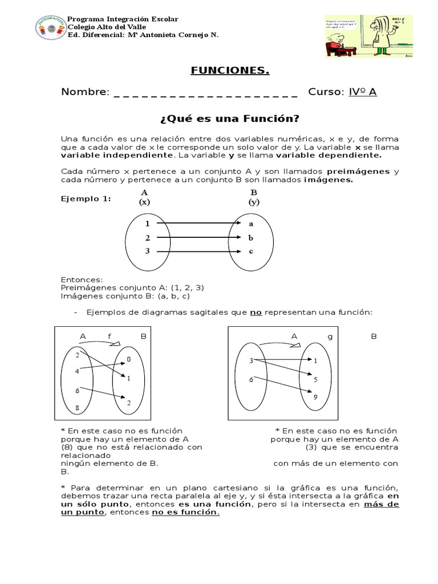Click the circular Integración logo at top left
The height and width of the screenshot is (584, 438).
[x=50, y=27]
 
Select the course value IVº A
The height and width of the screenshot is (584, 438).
[x=363, y=92]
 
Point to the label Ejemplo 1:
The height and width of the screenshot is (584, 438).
[x=86, y=198]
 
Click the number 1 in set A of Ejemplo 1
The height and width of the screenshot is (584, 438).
[x=147, y=224]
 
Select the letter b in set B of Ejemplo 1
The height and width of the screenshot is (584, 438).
[x=250, y=238]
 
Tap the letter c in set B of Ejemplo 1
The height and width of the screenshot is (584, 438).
[x=250, y=252]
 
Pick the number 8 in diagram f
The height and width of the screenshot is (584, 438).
[x=78, y=408]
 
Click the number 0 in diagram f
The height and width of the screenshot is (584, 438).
[x=129, y=359]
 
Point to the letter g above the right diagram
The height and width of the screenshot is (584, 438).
[x=330, y=336]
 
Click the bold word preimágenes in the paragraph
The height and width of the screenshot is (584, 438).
[x=358, y=171]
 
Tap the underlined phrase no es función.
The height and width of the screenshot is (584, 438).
[x=184, y=513]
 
